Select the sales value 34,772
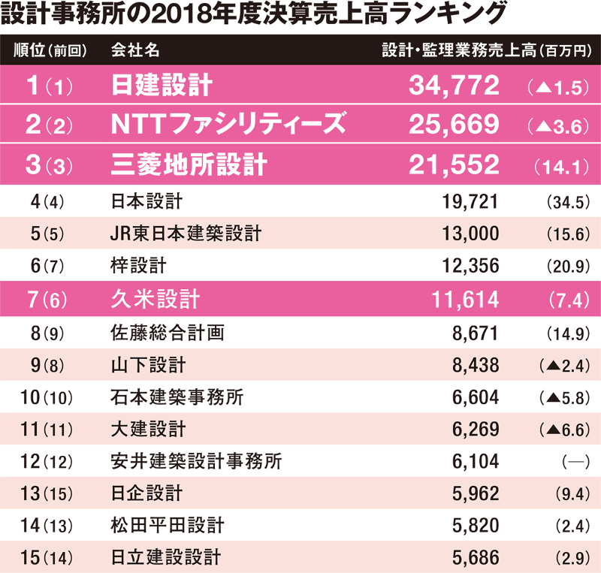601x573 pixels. tap(454, 86)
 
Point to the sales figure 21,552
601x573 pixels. tap(454, 164)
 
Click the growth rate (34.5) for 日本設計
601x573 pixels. tap(562, 202)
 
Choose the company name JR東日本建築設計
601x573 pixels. tap(186, 234)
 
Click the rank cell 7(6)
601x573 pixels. tap(47, 300)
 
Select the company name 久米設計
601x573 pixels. tap(155, 300)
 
